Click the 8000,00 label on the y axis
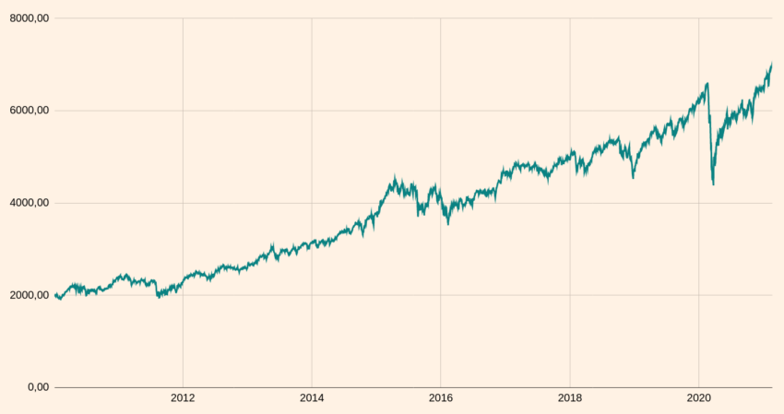[x=28, y=18]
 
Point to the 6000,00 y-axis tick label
[x=28, y=111]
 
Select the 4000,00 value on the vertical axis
[x=28, y=203]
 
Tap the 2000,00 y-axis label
[x=28, y=295]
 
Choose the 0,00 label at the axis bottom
[x=38, y=387]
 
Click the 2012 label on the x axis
[x=183, y=398]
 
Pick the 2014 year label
[x=312, y=398]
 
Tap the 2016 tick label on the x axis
[x=441, y=398]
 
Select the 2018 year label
[x=570, y=398]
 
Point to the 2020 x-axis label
[x=698, y=398]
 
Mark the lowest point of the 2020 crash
[x=713, y=185]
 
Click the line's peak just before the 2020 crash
[x=707, y=83]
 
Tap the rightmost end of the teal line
[x=772, y=64]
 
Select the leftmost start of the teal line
[x=54, y=295]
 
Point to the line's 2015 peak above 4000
[x=395, y=177]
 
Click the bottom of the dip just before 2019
[x=633, y=178]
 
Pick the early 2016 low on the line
[x=448, y=224]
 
